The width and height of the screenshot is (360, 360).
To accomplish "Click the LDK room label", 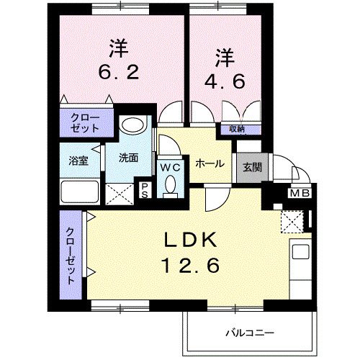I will point(188,240).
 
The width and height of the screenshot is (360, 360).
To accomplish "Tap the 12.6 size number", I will point(188,265).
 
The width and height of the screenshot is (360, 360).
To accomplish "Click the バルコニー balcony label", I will point(248,333).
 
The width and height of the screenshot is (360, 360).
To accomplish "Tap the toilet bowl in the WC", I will point(171,185).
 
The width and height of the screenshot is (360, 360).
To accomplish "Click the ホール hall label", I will point(208,163).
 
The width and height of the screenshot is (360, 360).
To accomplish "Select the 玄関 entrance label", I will point(251,167).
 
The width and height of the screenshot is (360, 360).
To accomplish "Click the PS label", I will point(144,190).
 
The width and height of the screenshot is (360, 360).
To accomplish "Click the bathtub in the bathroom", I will point(79,192).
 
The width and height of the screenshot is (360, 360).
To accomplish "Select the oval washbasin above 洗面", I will point(132,125).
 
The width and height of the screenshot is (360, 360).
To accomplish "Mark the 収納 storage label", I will point(237,130).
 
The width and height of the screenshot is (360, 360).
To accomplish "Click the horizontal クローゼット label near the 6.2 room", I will point(86,122).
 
